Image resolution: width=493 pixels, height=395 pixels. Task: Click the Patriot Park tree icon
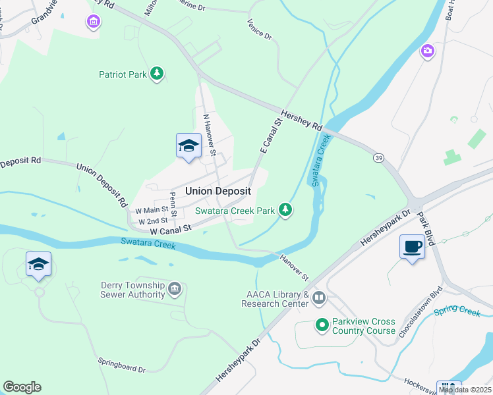click(157, 74)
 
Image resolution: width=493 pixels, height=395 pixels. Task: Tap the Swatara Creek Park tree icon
click(285, 210)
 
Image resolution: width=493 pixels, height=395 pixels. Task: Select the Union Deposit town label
click(218, 191)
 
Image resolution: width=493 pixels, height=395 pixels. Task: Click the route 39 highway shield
click(378, 159)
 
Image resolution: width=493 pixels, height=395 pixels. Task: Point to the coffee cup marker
click(412, 248)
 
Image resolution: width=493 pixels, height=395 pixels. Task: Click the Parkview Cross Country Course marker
click(322, 325)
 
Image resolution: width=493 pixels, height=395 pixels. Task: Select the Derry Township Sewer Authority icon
click(175, 288)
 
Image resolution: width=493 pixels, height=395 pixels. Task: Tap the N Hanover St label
click(210, 134)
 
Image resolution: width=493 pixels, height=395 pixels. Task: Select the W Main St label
click(151, 210)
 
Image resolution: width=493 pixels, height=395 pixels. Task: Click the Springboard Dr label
click(121, 365)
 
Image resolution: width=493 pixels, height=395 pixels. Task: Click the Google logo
click(22, 387)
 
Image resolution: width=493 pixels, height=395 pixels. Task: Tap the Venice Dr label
click(259, 29)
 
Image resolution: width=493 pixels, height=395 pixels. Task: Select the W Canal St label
click(170, 229)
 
